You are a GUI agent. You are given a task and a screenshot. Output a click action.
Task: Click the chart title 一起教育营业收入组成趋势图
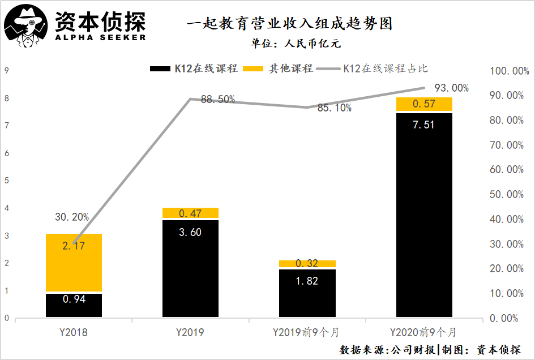click(x=289, y=24)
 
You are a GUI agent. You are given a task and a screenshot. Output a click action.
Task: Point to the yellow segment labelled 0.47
click(x=190, y=213)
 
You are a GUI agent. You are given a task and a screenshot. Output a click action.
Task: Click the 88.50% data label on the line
click(x=218, y=100)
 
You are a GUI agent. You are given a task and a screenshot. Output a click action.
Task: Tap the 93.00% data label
click(x=451, y=88)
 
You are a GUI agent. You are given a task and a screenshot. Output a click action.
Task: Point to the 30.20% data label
click(x=72, y=217)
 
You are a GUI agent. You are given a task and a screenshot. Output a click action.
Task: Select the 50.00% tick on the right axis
click(x=505, y=195)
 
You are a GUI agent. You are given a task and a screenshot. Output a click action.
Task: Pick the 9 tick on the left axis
click(x=6, y=71)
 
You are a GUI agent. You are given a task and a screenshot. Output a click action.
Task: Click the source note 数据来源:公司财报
click(x=388, y=349)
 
